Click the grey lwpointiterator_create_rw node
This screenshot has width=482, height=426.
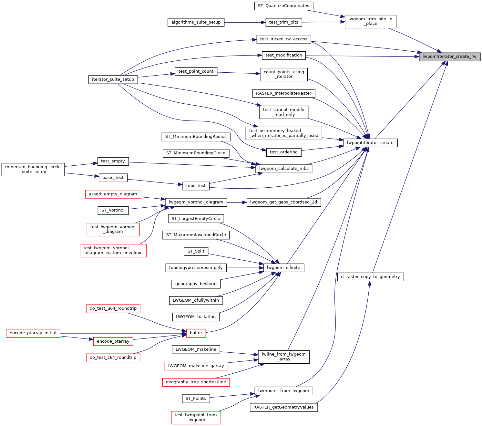pyautogui.click(x=449, y=57)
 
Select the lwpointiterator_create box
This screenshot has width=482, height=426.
pyautogui.click(x=370, y=143)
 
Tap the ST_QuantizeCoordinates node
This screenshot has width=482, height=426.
pyautogui.click(x=283, y=6)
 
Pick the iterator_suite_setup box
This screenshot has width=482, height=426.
pyautogui.click(x=113, y=79)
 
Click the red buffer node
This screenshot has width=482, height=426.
pyautogui.click(x=196, y=333)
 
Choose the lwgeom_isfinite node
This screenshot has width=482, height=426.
pyautogui.click(x=283, y=268)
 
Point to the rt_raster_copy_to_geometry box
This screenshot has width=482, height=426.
pyautogui.click(x=370, y=277)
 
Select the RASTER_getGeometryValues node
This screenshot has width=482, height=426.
pyautogui.click(x=283, y=407)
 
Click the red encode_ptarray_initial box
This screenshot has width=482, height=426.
pyautogui.click(x=33, y=333)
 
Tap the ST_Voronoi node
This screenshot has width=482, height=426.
pyautogui.click(x=113, y=210)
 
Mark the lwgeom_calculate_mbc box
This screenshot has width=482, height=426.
pyautogui.click(x=283, y=169)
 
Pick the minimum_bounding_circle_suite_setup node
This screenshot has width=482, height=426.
pyautogui.click(x=33, y=169)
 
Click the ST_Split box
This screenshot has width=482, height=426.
pyautogui.click(x=196, y=251)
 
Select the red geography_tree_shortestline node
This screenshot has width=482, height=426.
pyautogui.click(x=196, y=382)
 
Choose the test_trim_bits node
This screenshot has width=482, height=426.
pyautogui.click(x=283, y=22)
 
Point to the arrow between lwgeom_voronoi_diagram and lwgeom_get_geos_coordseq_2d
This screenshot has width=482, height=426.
pyautogui.click(x=237, y=203)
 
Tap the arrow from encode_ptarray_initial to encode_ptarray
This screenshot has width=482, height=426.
pyautogui.click(x=77, y=338)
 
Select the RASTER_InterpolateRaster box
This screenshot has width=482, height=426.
pyautogui.click(x=283, y=93)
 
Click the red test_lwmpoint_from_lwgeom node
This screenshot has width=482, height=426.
pyautogui.click(x=196, y=417)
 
